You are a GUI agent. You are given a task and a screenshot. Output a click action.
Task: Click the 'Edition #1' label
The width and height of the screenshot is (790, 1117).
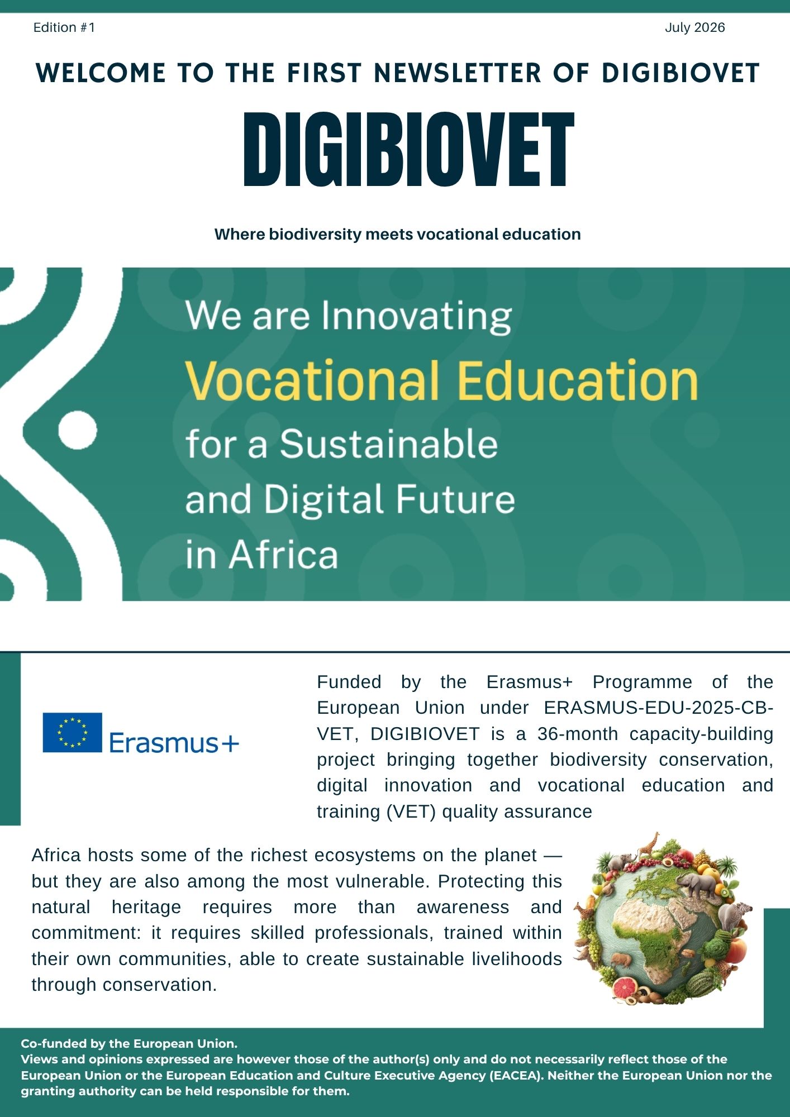(64, 27)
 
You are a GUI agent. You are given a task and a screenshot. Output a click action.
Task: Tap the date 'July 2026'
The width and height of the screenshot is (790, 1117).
(695, 27)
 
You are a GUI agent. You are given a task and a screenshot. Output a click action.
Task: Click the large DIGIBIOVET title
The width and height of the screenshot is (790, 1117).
(409, 149)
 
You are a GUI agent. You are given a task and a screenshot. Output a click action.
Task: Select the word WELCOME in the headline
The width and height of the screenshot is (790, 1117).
(101, 73)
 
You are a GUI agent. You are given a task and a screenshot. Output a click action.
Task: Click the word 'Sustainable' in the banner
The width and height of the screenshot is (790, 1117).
(389, 444)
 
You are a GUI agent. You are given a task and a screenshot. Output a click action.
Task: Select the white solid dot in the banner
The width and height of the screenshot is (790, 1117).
(78, 431)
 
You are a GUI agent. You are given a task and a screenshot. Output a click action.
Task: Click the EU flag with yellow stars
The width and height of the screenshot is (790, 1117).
(73, 732)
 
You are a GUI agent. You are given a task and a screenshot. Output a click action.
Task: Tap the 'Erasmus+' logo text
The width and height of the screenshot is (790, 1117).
(174, 743)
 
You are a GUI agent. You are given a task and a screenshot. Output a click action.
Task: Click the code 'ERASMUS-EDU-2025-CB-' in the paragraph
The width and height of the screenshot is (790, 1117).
(659, 708)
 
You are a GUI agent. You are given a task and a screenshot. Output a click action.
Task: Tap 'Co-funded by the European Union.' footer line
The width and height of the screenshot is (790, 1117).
(129, 1043)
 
